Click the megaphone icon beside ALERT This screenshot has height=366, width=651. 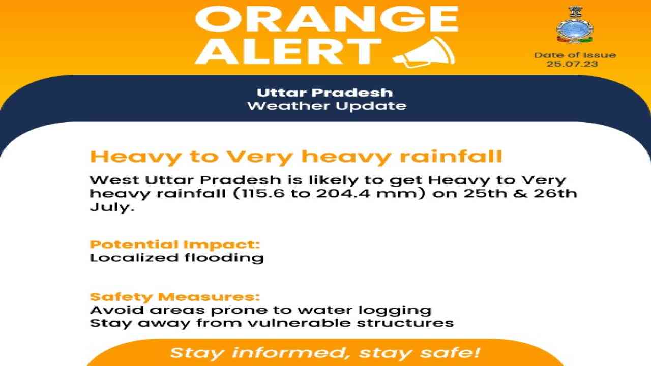(424, 52)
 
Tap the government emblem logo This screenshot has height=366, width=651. (575, 25)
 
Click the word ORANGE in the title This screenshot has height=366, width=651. (327, 19)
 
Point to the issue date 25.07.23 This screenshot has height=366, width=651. (572, 64)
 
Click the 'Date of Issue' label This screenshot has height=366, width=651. (575, 55)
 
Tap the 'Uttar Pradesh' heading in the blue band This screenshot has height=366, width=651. (324, 93)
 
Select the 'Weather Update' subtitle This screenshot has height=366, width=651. (327, 106)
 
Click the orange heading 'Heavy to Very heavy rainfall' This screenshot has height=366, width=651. (296, 158)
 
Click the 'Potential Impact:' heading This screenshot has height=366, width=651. (174, 245)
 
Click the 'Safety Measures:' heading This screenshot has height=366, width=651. (174, 297)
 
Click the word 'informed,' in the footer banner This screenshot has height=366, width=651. (292, 353)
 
